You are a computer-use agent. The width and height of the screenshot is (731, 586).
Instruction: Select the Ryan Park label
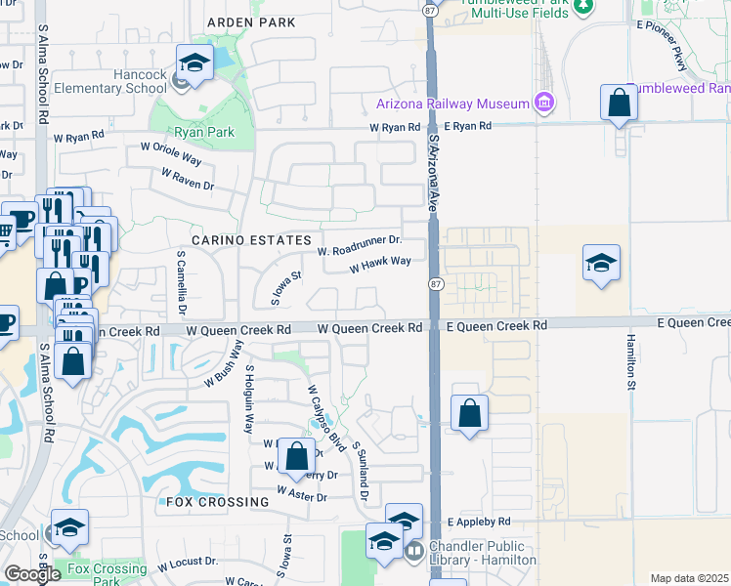pos(199,132)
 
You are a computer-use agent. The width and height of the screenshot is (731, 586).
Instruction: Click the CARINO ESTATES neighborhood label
pos(251,239)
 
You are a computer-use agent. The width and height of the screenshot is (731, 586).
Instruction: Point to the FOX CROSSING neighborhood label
pos(216,502)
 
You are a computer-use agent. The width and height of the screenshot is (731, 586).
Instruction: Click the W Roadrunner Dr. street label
pos(360,244)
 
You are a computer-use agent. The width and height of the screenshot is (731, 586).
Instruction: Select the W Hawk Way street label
pos(379,263)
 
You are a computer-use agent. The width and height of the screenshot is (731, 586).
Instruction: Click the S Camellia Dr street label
pos(182,284)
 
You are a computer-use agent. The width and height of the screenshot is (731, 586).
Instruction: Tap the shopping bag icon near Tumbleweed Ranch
pos(620,103)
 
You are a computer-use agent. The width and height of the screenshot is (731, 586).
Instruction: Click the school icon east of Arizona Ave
pos(601,262)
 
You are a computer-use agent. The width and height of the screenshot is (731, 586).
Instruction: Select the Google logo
pos(32,574)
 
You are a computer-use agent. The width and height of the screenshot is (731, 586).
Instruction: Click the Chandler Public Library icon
pos(414,551)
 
